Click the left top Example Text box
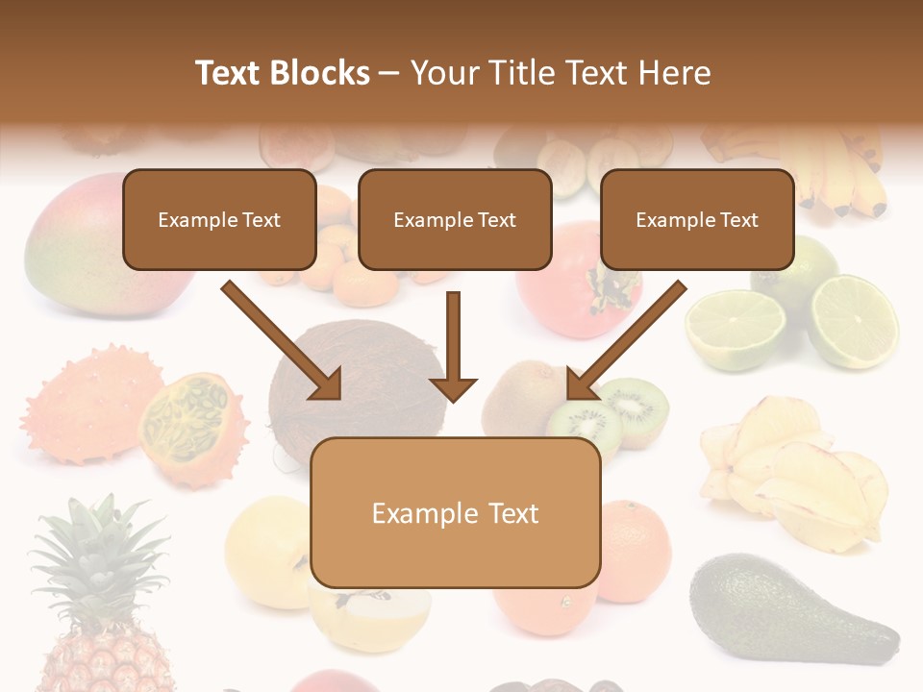[x=219, y=219]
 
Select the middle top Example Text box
[x=455, y=219]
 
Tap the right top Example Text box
[x=697, y=219]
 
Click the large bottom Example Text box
[x=455, y=512]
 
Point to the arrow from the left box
[x=282, y=339]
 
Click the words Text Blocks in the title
[x=283, y=73]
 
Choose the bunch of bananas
[x=836, y=173]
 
